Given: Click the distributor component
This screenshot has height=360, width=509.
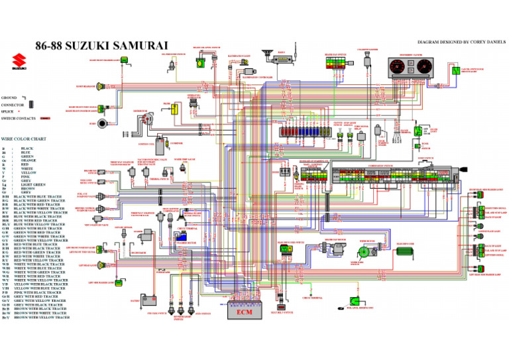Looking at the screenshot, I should (x=146, y=120).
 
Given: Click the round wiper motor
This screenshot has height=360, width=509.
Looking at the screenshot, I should (x=363, y=252).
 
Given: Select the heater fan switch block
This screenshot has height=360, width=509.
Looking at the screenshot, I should (x=335, y=63).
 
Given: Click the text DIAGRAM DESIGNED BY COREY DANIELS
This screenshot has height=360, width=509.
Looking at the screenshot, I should (x=458, y=41).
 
